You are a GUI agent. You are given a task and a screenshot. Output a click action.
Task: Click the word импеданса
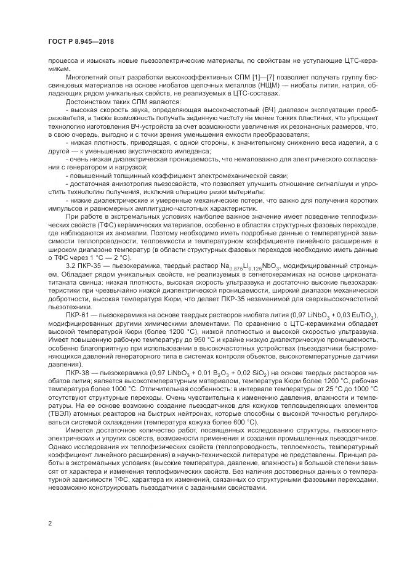[169, 149]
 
